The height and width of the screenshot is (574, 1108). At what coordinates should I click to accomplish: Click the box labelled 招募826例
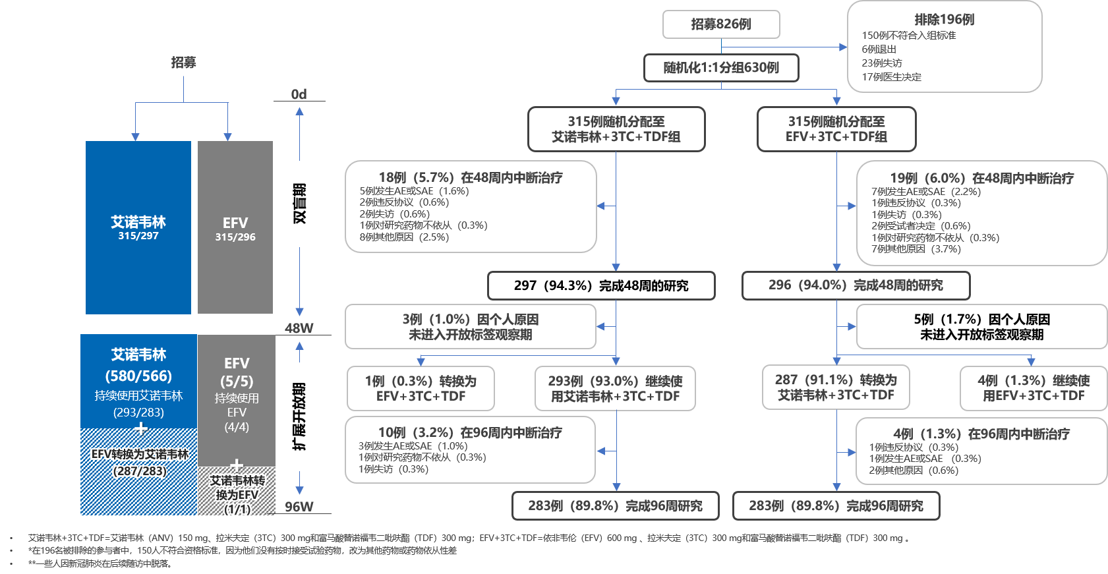point(721,24)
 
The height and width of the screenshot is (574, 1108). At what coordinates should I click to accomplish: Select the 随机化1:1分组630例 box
point(721,68)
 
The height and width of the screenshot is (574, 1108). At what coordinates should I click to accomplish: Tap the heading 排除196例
point(944,20)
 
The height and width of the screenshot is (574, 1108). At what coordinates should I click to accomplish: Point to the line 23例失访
point(882,63)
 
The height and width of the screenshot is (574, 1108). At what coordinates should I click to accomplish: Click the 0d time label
point(299,94)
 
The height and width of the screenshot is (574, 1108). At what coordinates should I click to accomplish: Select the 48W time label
point(299,328)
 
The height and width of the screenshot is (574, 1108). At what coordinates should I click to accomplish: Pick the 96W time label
point(299,507)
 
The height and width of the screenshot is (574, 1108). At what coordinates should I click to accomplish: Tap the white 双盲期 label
point(299,204)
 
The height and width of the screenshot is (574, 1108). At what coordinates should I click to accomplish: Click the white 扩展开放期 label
point(299,416)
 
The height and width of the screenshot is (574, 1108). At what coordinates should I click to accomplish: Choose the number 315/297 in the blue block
point(138,236)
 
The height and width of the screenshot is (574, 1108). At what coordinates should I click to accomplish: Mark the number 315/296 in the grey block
point(235,237)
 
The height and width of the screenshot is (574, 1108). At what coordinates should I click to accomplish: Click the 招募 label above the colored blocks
point(183,63)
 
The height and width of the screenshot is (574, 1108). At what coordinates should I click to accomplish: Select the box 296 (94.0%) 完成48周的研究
point(856,285)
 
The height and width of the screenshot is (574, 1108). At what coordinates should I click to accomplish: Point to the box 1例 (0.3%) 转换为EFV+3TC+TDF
point(421,389)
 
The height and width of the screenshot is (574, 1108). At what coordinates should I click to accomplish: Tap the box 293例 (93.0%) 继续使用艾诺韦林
point(615,389)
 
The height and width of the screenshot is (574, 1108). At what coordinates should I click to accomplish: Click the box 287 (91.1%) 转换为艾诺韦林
point(836,387)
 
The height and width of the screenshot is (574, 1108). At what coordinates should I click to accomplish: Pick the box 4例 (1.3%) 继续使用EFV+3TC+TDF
point(1033,388)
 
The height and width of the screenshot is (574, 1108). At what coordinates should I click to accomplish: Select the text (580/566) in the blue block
point(138,376)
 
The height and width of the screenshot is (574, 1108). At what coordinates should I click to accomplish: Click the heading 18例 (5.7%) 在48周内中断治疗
point(471,177)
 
